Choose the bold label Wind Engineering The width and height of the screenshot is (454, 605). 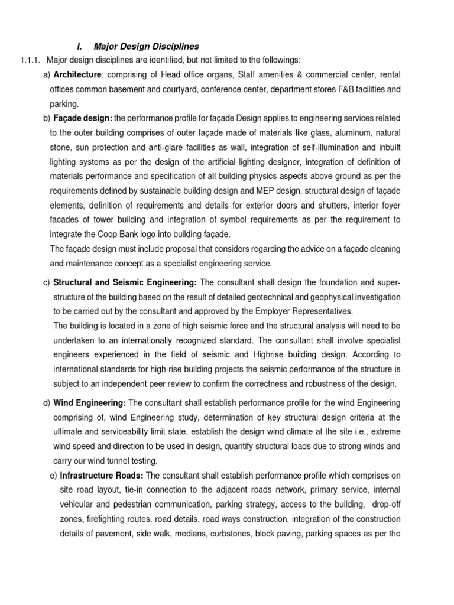click(89, 402)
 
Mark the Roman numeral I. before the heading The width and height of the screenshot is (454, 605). click(80, 46)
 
